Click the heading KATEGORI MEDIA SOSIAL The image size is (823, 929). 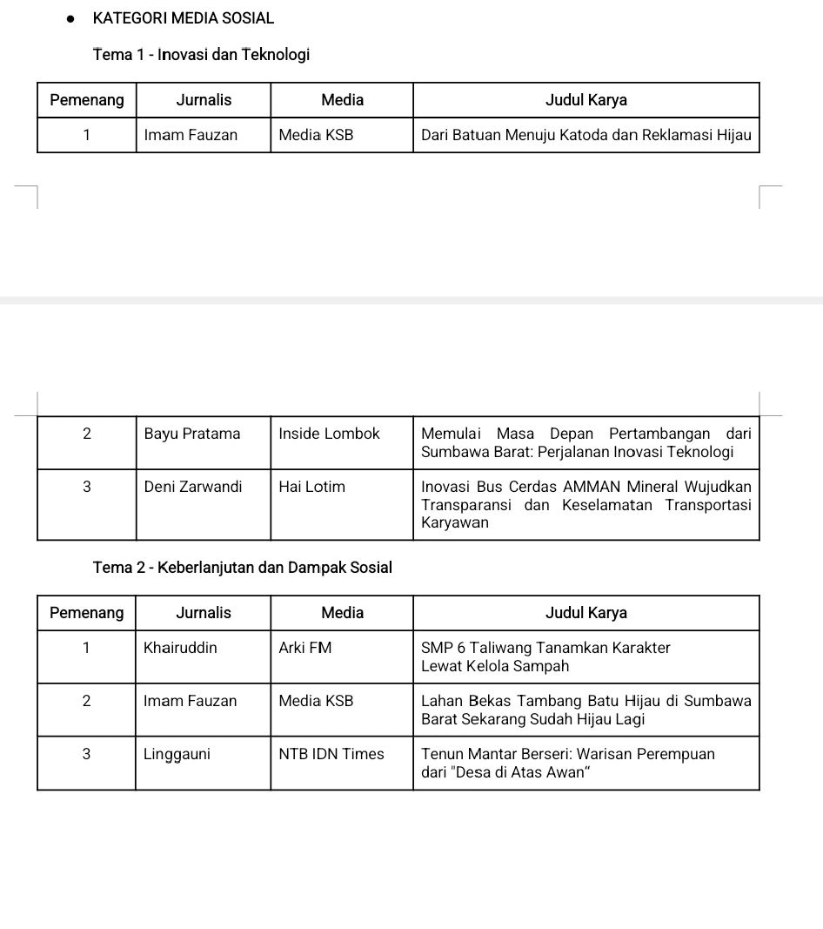click(x=183, y=17)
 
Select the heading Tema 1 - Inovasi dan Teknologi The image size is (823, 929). click(x=201, y=55)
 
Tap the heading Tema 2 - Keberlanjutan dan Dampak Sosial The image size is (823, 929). click(x=242, y=568)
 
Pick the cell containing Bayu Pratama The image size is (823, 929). click(x=192, y=434)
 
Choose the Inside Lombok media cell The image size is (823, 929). click(x=329, y=434)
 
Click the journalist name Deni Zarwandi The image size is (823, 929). click(x=193, y=487)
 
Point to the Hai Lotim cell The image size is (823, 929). click(x=311, y=487)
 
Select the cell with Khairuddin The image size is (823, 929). click(x=180, y=648)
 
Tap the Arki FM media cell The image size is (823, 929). click(x=304, y=648)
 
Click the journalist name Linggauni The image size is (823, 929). click(x=177, y=754)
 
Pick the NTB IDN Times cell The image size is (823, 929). click(x=331, y=754)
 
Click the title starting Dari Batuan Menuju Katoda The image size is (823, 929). click(x=585, y=135)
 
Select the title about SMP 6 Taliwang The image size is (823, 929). click(x=545, y=656)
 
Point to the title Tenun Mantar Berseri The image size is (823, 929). click(x=567, y=763)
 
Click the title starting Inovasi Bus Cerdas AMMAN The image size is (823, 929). click(x=585, y=504)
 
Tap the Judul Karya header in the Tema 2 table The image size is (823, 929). click(x=585, y=613)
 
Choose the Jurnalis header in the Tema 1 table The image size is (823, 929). click(x=204, y=100)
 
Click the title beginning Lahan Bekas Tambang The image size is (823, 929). click(x=585, y=710)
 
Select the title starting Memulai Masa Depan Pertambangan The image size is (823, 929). click(x=585, y=442)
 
